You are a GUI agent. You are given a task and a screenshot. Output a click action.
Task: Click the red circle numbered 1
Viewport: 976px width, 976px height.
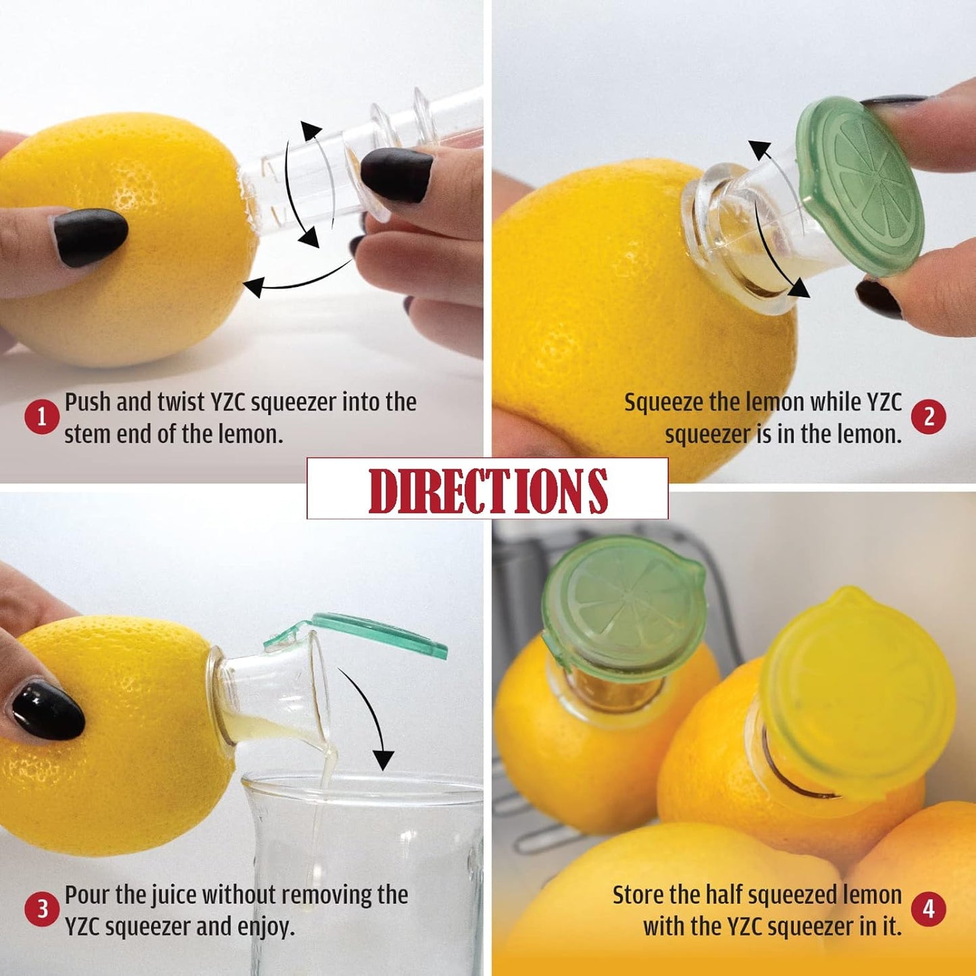(x=41, y=417)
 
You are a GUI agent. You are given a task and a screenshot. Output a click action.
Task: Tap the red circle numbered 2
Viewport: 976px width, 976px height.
(x=929, y=417)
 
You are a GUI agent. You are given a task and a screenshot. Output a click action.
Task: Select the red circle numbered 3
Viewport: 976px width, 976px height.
(x=41, y=909)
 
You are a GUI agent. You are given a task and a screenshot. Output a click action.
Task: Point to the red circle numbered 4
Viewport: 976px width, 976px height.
(x=929, y=909)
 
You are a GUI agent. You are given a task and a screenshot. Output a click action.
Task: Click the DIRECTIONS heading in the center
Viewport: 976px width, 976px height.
(x=488, y=489)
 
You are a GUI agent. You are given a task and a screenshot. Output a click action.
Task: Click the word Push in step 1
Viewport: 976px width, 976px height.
(x=88, y=402)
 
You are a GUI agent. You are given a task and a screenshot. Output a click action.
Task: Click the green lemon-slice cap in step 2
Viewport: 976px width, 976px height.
(x=859, y=186)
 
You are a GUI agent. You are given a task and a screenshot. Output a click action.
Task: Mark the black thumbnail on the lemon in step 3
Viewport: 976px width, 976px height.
(x=48, y=710)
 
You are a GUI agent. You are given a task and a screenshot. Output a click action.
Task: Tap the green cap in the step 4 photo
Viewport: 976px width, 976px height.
(x=623, y=605)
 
